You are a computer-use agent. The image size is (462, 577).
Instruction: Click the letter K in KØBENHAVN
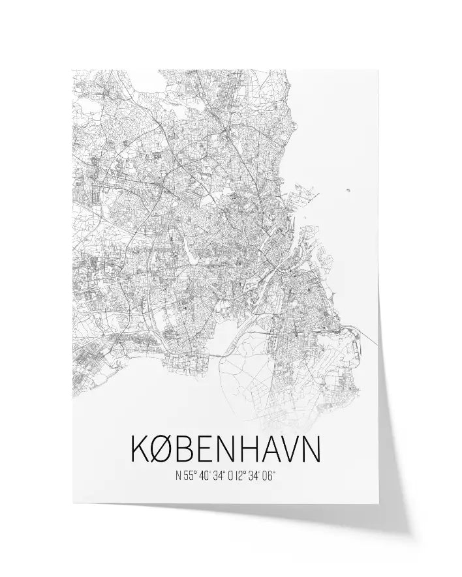click(x=142, y=449)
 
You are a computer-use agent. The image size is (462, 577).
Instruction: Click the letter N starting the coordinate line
click(x=178, y=476)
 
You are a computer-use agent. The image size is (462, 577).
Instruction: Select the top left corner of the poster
click(x=72, y=70)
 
